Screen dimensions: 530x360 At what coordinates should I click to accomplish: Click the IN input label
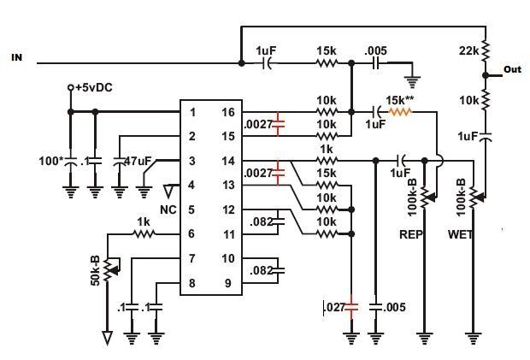point(17,57)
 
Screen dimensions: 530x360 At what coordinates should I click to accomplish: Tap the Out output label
point(512,69)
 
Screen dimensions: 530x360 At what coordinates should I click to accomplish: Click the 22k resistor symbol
point(486,51)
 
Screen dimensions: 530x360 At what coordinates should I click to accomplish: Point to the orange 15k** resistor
point(400,111)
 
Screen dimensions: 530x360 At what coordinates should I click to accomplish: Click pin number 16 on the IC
point(228,112)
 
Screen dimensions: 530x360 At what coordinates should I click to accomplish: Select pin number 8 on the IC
point(191,283)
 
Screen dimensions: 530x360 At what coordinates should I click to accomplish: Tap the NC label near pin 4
point(168,210)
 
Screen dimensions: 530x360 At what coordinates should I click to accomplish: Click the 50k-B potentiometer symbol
point(109,269)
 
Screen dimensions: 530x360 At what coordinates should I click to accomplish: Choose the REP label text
point(410,234)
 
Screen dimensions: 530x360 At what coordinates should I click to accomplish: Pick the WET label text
point(460,234)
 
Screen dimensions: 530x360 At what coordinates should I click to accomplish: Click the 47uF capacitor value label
point(138,161)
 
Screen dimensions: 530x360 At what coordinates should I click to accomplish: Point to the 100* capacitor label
point(51,161)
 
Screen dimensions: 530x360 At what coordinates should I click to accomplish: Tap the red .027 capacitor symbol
point(351,307)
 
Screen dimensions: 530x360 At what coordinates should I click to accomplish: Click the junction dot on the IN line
point(241,63)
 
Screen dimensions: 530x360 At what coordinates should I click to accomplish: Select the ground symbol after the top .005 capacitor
point(412,82)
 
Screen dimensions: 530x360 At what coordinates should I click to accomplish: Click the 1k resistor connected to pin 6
point(144,233)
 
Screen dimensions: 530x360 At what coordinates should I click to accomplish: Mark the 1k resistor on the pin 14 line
point(327,161)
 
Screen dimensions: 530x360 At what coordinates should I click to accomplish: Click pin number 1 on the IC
point(192,112)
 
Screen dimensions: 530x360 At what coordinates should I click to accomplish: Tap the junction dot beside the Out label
point(486,76)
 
